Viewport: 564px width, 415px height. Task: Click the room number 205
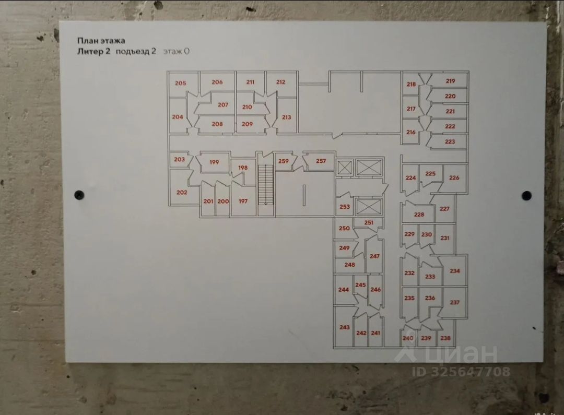click(180, 83)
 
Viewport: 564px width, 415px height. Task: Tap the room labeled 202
click(182, 192)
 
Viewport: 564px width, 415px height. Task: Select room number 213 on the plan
click(286, 117)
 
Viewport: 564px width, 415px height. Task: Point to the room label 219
click(450, 81)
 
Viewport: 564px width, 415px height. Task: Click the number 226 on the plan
click(454, 177)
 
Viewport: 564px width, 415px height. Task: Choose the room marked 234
click(454, 271)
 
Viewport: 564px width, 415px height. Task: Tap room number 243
click(344, 327)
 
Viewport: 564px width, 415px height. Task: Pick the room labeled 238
click(445, 338)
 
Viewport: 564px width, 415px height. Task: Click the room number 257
click(321, 161)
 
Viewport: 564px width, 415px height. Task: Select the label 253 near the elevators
click(345, 207)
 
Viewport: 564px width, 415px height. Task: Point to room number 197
click(243, 201)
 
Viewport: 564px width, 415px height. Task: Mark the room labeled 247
click(374, 256)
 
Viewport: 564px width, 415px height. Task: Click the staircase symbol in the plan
click(266, 184)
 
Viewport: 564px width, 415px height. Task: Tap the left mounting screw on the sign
click(79, 195)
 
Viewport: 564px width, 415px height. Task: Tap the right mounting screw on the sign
click(526, 195)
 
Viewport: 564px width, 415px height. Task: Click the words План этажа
click(101, 40)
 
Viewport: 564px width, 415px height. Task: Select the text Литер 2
click(93, 51)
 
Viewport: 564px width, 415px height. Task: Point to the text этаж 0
click(175, 51)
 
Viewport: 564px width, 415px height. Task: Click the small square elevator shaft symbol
click(345, 168)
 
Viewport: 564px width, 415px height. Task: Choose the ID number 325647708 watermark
click(461, 372)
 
